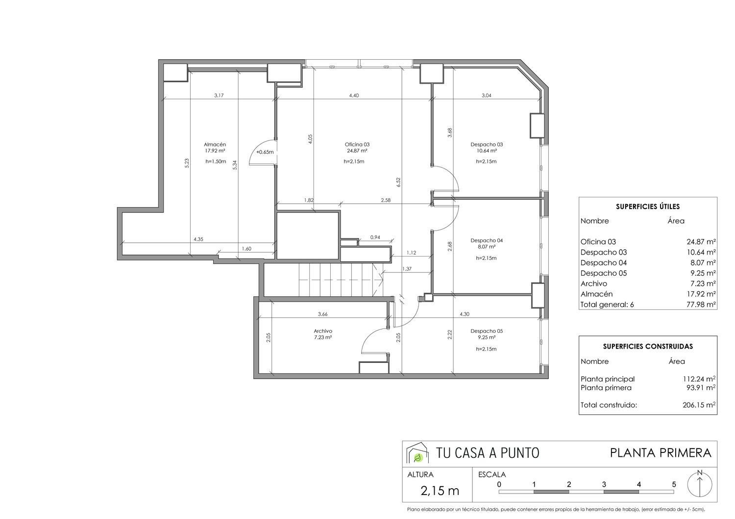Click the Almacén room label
(x=215, y=144)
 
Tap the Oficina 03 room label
(x=357, y=144)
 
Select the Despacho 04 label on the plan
(x=487, y=240)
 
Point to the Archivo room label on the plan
(x=323, y=331)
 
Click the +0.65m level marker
(x=265, y=152)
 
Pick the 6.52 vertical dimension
(x=398, y=182)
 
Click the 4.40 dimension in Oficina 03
(x=354, y=95)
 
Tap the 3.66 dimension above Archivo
(x=323, y=314)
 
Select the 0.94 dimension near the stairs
(x=375, y=237)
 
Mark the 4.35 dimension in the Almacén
(x=198, y=239)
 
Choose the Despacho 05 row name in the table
(x=603, y=273)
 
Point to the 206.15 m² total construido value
(x=699, y=405)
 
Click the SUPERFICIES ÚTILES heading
(x=648, y=207)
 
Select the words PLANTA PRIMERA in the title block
(x=661, y=453)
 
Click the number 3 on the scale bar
(x=604, y=485)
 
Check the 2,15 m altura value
(x=440, y=491)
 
